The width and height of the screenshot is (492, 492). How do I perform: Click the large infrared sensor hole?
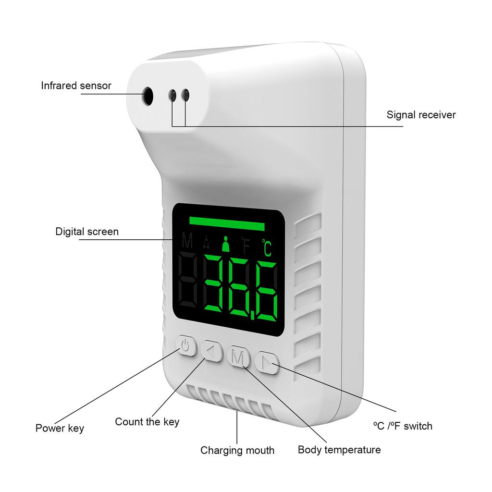(148, 96)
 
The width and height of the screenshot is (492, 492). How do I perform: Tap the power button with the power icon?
(186, 346)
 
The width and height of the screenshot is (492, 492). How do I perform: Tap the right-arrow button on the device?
(267, 363)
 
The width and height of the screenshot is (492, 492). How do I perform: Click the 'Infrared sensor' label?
(76, 86)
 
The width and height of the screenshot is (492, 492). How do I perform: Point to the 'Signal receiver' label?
(421, 115)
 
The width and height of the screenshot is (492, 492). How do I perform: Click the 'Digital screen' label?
(87, 232)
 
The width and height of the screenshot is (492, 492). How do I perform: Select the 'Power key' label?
(60, 428)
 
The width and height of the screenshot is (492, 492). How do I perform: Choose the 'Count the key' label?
(147, 422)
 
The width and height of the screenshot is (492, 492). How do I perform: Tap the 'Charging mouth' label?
(237, 450)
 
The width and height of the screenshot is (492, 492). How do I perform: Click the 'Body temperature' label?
(339, 450)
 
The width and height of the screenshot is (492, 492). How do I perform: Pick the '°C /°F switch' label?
(402, 426)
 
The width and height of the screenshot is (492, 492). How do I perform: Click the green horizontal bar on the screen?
(227, 225)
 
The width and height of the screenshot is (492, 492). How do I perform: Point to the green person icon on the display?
(225, 245)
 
